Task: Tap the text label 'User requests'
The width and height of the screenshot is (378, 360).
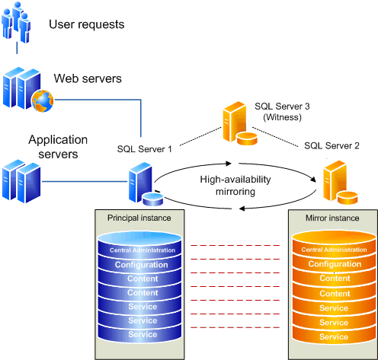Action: [x=86, y=25]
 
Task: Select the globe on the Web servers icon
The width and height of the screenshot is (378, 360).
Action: [x=40, y=98]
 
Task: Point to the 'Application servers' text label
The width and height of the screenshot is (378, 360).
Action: [x=58, y=147]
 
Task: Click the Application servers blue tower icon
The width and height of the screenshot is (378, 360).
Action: [x=21, y=178]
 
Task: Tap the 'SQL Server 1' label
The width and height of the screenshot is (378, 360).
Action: [x=145, y=148]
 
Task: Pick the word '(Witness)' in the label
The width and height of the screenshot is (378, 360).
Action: [x=282, y=119]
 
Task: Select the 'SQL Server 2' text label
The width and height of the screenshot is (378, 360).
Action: [x=332, y=145]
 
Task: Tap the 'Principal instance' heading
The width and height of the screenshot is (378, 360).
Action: [x=139, y=218]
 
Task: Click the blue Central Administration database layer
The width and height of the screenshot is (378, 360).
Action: [x=139, y=249]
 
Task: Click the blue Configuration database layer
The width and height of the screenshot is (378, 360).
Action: [x=139, y=264]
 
